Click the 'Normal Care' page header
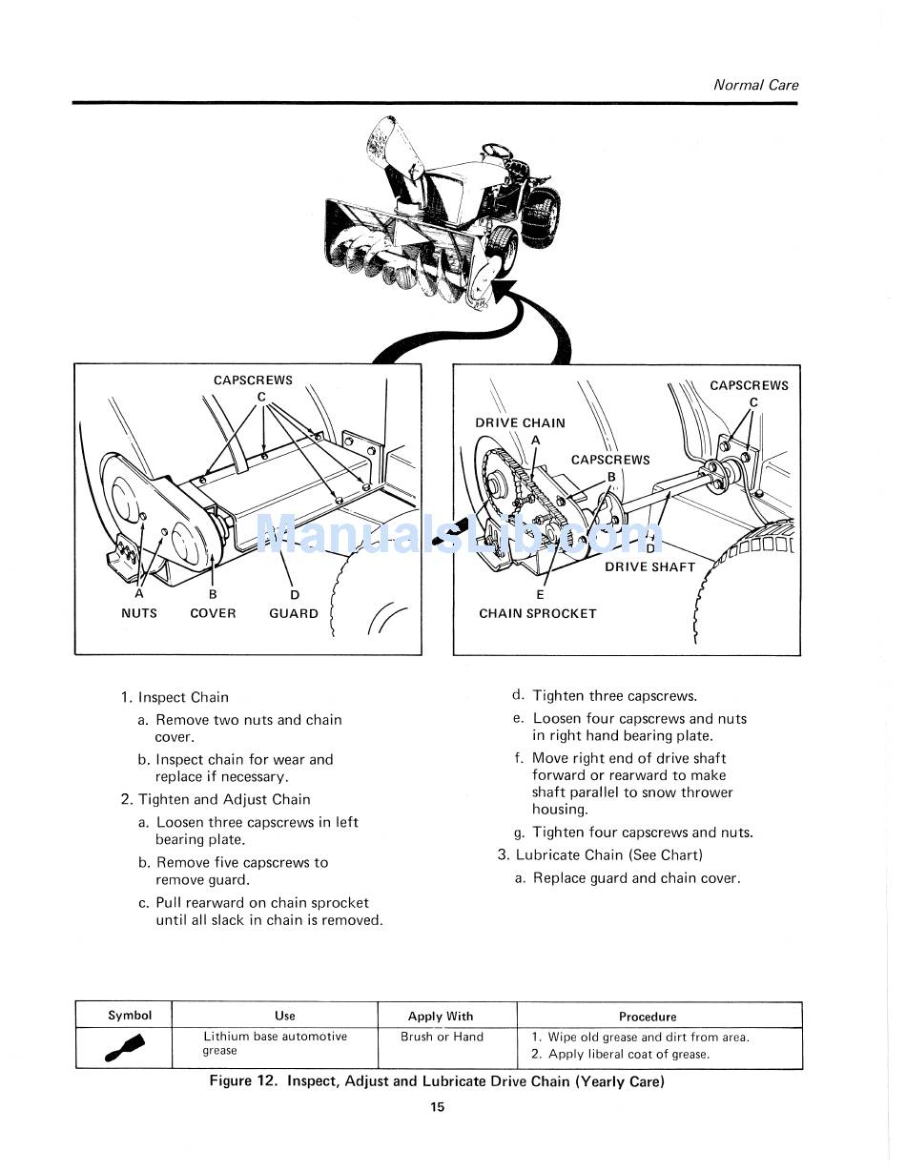point(755,85)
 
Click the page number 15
point(437,1107)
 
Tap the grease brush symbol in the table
point(124,1048)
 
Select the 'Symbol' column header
point(130,1015)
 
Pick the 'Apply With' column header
point(440,1017)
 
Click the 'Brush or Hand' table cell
point(442,1037)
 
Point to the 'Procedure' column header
point(648,1017)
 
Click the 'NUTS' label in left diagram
point(139,613)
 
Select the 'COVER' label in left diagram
point(213,613)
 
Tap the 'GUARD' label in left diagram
point(294,613)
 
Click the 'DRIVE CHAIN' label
point(520,422)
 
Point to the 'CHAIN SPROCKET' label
point(537,613)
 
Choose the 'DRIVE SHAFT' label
point(650,566)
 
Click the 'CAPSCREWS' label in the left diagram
point(253,380)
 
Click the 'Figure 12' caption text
point(437,1081)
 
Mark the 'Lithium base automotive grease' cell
point(275,1043)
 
